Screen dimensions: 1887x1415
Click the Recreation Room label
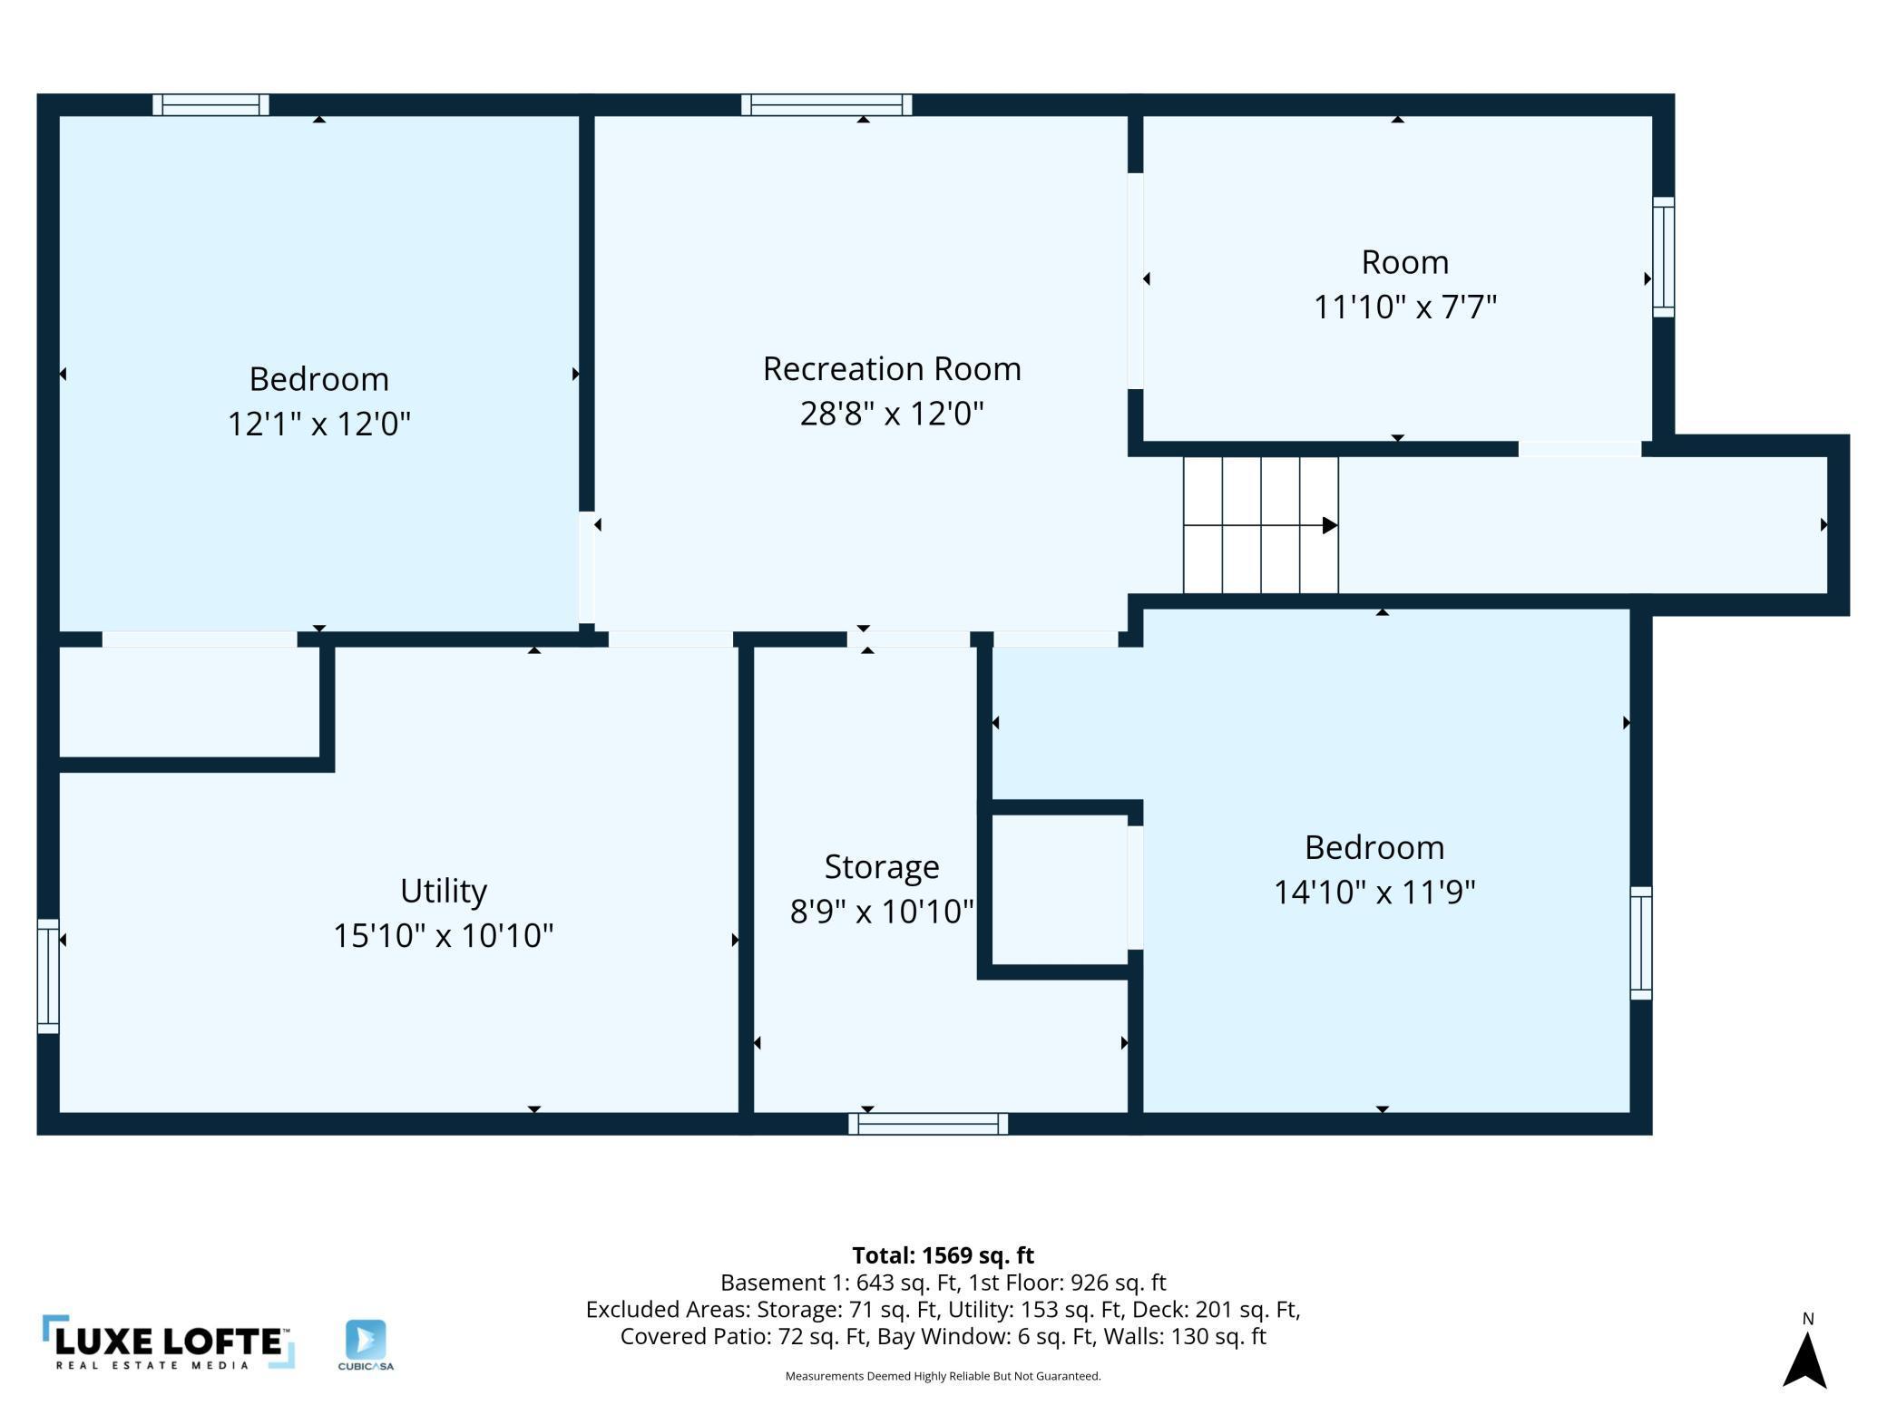coord(892,369)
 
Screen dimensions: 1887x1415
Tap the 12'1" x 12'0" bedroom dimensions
coord(319,424)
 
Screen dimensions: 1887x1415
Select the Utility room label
coord(444,892)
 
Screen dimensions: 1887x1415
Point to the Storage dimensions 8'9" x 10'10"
coord(882,911)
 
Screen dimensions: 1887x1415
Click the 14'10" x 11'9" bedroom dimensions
coord(1374,892)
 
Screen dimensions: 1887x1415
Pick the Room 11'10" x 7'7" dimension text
coord(1405,307)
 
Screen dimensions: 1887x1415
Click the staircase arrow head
coord(1330,525)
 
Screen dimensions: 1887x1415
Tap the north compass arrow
coord(1804,1360)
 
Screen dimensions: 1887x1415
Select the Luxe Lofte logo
coord(169,1342)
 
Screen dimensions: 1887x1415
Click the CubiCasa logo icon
coord(366,1340)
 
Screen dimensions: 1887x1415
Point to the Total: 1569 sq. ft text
coord(943,1255)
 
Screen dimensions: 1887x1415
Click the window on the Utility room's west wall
coord(48,976)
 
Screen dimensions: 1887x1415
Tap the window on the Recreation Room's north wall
coord(826,105)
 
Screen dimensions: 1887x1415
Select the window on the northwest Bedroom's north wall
coord(210,105)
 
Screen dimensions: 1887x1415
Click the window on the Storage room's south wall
coord(928,1124)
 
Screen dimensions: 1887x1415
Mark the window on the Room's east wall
coord(1663,257)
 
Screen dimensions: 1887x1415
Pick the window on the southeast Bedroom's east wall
coord(1640,943)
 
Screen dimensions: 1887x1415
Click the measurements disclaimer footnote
coord(943,1376)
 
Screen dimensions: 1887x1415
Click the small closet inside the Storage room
coord(1060,890)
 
